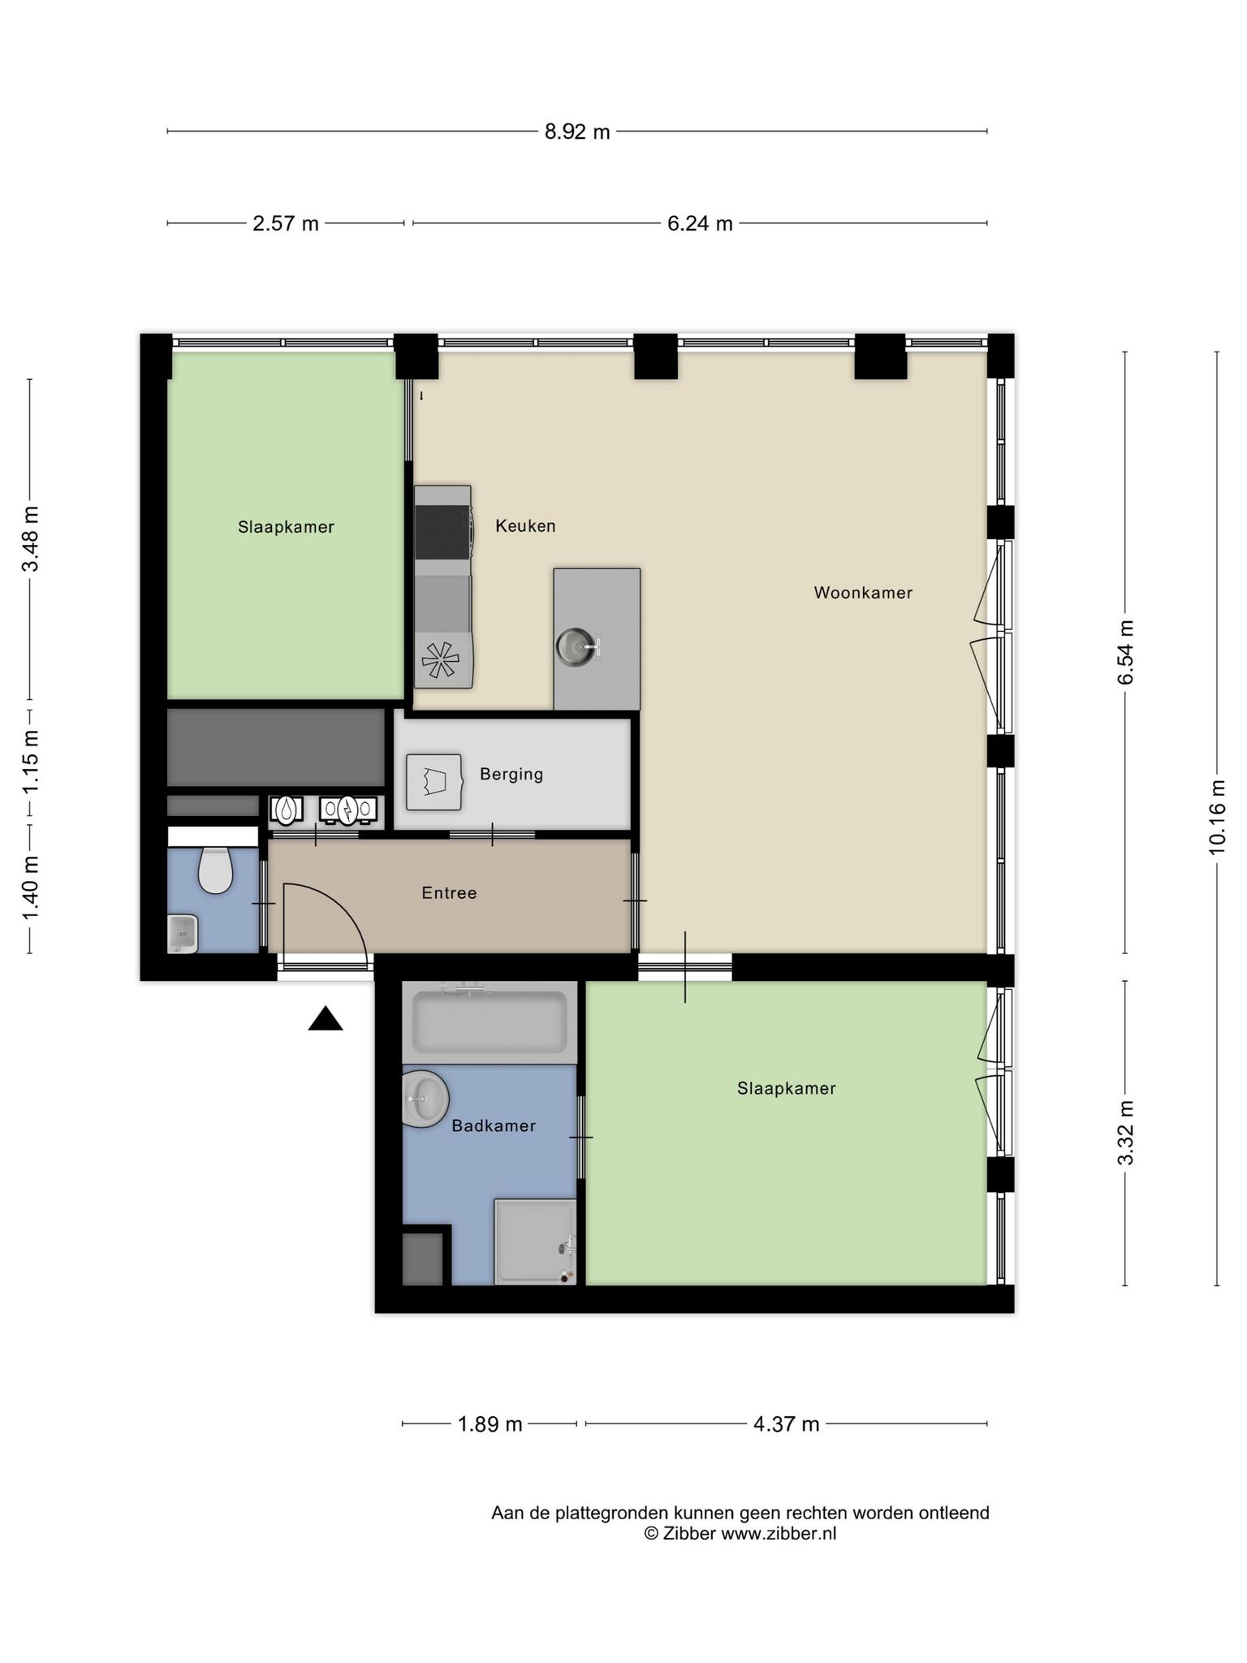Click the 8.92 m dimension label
click(x=577, y=132)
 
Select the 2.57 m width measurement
click(x=286, y=223)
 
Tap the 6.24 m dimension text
click(x=700, y=223)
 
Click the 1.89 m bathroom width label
click(x=490, y=1423)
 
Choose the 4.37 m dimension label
click(x=786, y=1423)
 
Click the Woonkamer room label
click(x=863, y=593)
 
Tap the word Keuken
click(x=525, y=526)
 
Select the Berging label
click(x=511, y=774)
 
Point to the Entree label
click(x=449, y=893)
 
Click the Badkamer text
click(x=494, y=1126)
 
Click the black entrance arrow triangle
click(x=326, y=1018)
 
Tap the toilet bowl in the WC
click(x=215, y=870)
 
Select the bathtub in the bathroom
click(x=490, y=1022)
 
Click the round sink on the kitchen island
click(x=577, y=647)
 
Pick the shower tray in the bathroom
click(x=536, y=1242)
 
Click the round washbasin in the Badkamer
click(x=425, y=1099)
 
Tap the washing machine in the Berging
click(x=434, y=782)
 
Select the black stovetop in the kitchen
click(x=442, y=533)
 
